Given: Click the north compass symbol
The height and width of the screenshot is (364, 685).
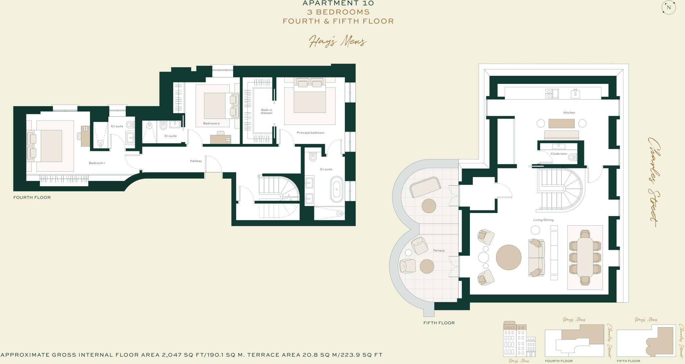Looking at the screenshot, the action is click(x=669, y=7).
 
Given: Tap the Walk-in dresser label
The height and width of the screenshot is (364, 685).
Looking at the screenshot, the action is click(x=267, y=112).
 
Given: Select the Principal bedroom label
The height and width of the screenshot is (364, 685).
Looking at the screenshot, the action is click(x=310, y=133).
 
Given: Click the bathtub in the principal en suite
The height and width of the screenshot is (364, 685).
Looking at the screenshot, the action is click(x=336, y=189).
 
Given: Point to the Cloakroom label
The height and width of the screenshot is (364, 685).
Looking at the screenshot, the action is click(x=559, y=154).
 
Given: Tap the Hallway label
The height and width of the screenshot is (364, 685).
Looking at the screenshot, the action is click(x=196, y=161).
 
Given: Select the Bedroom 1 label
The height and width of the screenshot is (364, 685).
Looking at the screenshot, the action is click(x=97, y=163).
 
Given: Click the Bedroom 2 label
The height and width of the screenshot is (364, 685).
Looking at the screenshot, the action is click(x=211, y=124).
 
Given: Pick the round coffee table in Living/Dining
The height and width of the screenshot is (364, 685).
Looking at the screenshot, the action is click(x=508, y=257).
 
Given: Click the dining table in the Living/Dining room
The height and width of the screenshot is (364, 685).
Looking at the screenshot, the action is click(x=585, y=257).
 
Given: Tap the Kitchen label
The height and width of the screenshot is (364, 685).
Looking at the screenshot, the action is click(x=569, y=113).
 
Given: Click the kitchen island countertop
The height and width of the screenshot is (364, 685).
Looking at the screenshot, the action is click(x=562, y=124).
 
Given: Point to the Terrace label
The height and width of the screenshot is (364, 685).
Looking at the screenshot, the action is click(x=439, y=250).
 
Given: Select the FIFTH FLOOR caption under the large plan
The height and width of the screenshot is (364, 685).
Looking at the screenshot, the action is click(x=439, y=323).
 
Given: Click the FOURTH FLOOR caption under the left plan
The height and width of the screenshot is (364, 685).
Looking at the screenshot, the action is click(x=32, y=197).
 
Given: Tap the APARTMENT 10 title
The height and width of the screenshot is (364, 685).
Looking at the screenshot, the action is click(x=338, y=3).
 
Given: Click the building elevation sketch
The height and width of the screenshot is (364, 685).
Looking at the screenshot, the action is click(x=519, y=339).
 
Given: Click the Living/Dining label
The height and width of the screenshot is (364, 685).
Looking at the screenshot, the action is click(x=543, y=220).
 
